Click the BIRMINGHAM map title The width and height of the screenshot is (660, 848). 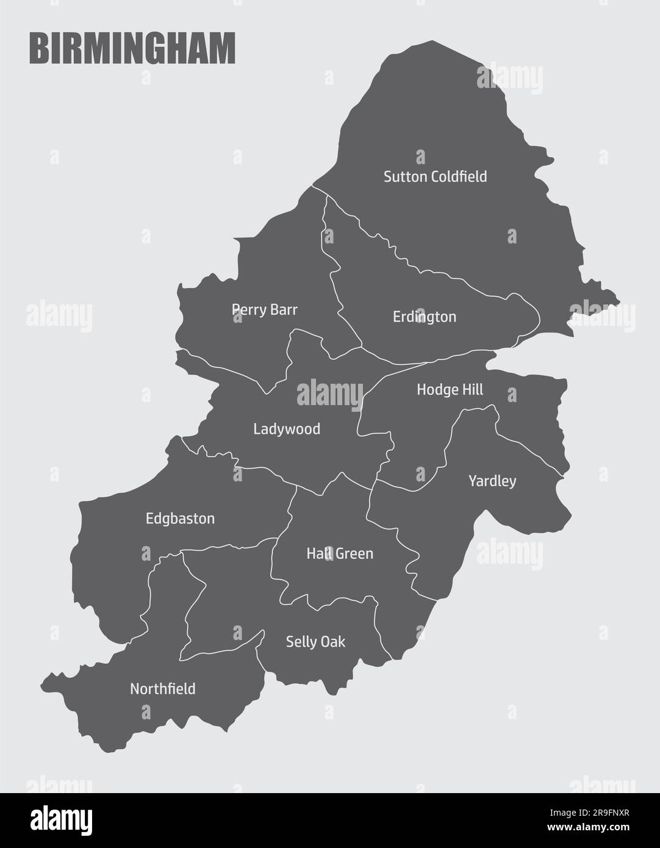(132, 49)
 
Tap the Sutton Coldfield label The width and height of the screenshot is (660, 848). (435, 177)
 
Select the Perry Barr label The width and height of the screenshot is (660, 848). (265, 310)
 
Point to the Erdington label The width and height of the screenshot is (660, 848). (425, 317)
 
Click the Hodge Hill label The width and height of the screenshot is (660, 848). (450, 389)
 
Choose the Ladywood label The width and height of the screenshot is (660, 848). (287, 429)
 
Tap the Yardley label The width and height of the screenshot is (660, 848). (492, 481)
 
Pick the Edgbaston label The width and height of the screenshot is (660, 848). (180, 519)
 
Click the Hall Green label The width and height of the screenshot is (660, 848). (340, 554)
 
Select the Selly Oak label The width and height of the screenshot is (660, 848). (315, 642)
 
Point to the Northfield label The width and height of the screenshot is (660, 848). (163, 689)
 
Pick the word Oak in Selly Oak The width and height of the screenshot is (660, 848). (333, 642)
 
